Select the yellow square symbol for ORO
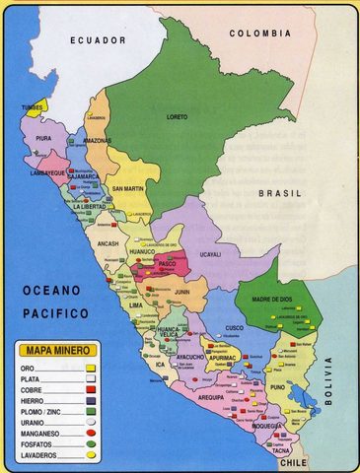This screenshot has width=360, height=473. (90, 367)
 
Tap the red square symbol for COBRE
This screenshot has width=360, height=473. (90, 389)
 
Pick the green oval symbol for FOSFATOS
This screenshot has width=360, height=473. (90, 445)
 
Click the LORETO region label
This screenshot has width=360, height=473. (177, 116)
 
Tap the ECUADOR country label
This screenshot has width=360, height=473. (98, 40)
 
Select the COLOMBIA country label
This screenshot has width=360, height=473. (260, 34)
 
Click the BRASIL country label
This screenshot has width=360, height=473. (280, 194)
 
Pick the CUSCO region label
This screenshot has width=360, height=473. (234, 328)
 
